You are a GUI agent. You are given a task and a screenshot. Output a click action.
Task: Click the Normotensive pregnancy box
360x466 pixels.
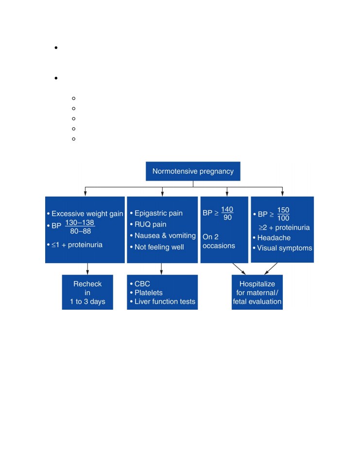(193, 171)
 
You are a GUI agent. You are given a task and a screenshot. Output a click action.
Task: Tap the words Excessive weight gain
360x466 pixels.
(87, 214)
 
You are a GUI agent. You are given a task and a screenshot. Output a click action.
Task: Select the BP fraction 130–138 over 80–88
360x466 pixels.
(80, 227)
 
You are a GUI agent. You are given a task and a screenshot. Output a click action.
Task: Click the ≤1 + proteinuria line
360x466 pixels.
(77, 245)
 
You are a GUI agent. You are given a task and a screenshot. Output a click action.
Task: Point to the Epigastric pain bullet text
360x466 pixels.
(158, 214)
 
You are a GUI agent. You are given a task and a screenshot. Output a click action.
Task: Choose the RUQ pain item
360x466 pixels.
(150, 224)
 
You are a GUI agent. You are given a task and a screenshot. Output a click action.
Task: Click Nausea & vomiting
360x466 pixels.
(165, 236)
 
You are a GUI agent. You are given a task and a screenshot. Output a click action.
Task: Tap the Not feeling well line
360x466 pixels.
(159, 247)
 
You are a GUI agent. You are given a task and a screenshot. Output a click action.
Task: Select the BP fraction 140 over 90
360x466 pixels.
(227, 214)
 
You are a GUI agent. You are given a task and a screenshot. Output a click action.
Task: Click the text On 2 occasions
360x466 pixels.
(219, 241)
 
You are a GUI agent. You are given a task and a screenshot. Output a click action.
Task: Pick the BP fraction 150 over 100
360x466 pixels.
(283, 214)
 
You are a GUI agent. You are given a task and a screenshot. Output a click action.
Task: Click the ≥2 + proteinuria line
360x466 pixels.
(284, 228)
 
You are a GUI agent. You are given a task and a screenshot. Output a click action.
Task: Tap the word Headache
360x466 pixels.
(274, 238)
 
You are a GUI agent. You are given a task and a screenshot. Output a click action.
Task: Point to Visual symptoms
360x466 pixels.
(284, 248)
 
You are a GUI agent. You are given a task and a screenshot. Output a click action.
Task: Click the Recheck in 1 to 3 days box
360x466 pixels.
(87, 292)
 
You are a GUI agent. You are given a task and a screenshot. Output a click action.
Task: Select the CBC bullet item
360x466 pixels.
(142, 284)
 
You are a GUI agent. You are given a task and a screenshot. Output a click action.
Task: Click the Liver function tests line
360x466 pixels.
(165, 301)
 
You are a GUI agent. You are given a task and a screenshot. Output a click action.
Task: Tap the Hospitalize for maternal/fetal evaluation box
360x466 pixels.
(257, 292)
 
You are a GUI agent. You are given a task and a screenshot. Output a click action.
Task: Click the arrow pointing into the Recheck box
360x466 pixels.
(87, 268)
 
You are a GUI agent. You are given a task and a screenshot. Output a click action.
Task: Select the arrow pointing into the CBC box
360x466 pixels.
(162, 268)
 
